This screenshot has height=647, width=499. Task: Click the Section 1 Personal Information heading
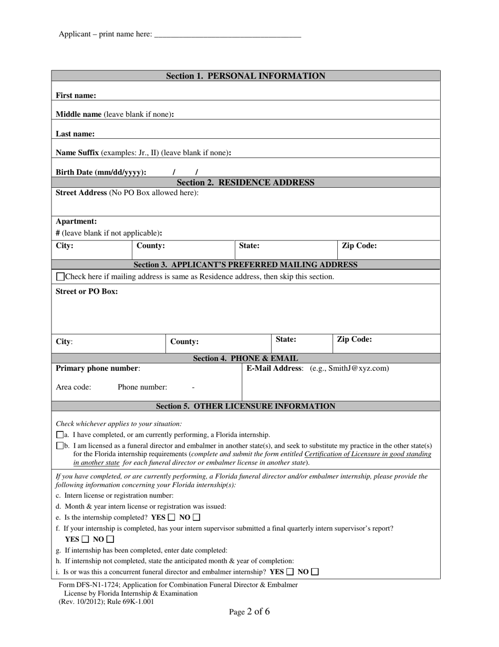pyautogui.click(x=245, y=76)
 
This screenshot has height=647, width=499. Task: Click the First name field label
pyautogui.click(x=76, y=95)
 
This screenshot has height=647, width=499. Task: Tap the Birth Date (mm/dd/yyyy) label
pyautogui.click(x=101, y=172)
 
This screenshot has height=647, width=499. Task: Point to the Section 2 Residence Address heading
pyautogui.click(x=245, y=183)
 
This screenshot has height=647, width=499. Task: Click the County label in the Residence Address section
pyautogui.click(x=151, y=246)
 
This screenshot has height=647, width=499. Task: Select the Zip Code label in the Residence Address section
pyautogui.click(x=359, y=246)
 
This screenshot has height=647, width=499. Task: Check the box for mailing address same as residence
pyautogui.click(x=60, y=277)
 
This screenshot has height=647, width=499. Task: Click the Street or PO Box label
pyautogui.click(x=87, y=291)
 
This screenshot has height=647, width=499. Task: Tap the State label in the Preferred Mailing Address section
pyautogui.click(x=286, y=339)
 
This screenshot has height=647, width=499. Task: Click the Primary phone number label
pyautogui.click(x=98, y=368)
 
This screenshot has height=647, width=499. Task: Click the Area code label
pyautogui.click(x=73, y=387)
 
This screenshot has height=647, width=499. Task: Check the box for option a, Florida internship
pyautogui.click(x=59, y=435)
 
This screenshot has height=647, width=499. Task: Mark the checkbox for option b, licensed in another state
pyautogui.click(x=59, y=446)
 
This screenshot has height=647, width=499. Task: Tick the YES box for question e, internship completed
pyautogui.click(x=172, y=518)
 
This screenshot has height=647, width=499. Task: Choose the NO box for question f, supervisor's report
pyautogui.click(x=110, y=539)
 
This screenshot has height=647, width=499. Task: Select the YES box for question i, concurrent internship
pyautogui.click(x=290, y=572)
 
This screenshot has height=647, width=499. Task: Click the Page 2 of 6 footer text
pyautogui.click(x=249, y=611)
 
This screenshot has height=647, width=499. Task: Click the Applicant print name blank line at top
pyautogui.click(x=228, y=35)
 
